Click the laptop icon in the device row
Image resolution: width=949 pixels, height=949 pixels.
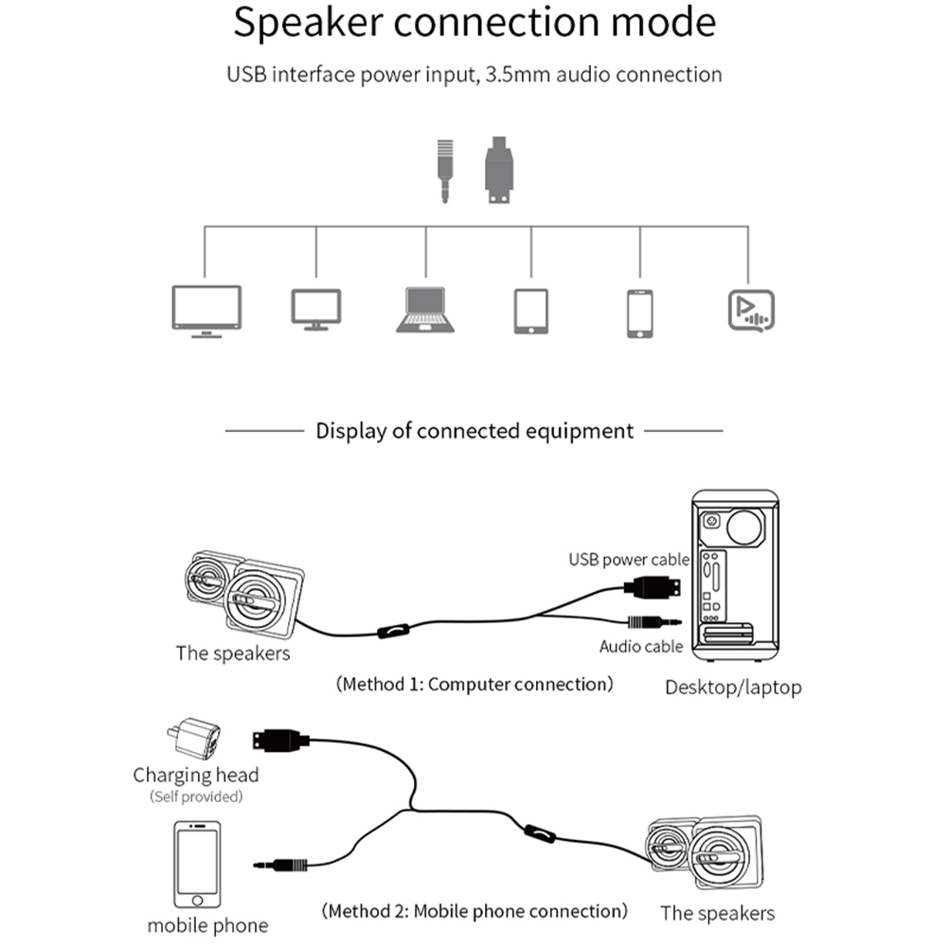point(424,310)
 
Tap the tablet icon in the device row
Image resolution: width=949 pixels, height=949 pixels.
point(531,311)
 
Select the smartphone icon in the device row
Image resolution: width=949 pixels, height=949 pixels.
point(640,313)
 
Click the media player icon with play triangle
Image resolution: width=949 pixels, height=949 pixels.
point(751,311)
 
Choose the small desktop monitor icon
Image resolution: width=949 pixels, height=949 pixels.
point(316,310)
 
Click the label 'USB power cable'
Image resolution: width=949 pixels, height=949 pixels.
point(629,560)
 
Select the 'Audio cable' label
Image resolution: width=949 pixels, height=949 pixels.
point(641,647)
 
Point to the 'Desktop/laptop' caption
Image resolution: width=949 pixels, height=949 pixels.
point(733,687)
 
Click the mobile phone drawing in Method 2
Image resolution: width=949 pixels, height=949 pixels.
point(197,865)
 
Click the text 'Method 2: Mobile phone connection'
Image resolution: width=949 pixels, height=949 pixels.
point(474,911)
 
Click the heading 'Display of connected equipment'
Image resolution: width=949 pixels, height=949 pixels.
point(474,431)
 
